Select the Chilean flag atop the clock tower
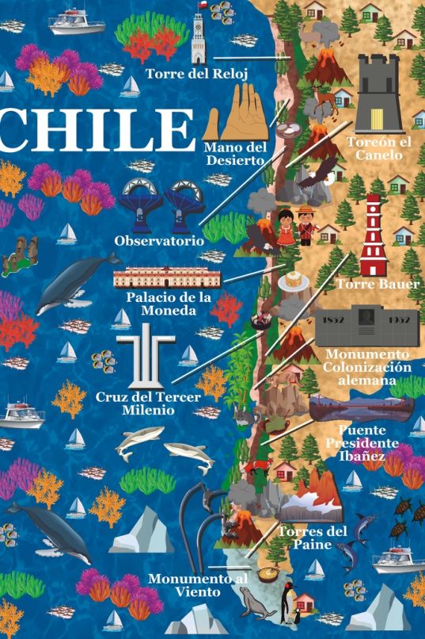[201, 6]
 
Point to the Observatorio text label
[159, 239]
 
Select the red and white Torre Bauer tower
[376, 235]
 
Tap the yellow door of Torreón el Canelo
[378, 117]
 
